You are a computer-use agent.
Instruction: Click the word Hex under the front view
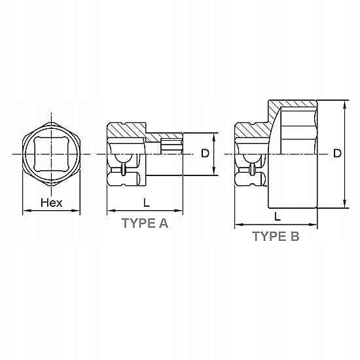point(52,203)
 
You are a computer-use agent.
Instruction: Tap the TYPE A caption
point(145,223)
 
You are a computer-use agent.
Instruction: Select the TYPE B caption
point(276,236)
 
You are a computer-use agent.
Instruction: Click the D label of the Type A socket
point(205,153)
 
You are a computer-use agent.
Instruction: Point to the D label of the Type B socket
point(337,153)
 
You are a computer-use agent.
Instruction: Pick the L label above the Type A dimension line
point(147,202)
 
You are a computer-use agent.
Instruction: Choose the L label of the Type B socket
point(278,216)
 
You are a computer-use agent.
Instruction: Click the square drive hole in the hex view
point(51,154)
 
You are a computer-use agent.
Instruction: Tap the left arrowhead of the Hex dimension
point(27,211)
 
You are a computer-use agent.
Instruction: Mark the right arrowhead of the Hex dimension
point(75,211)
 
